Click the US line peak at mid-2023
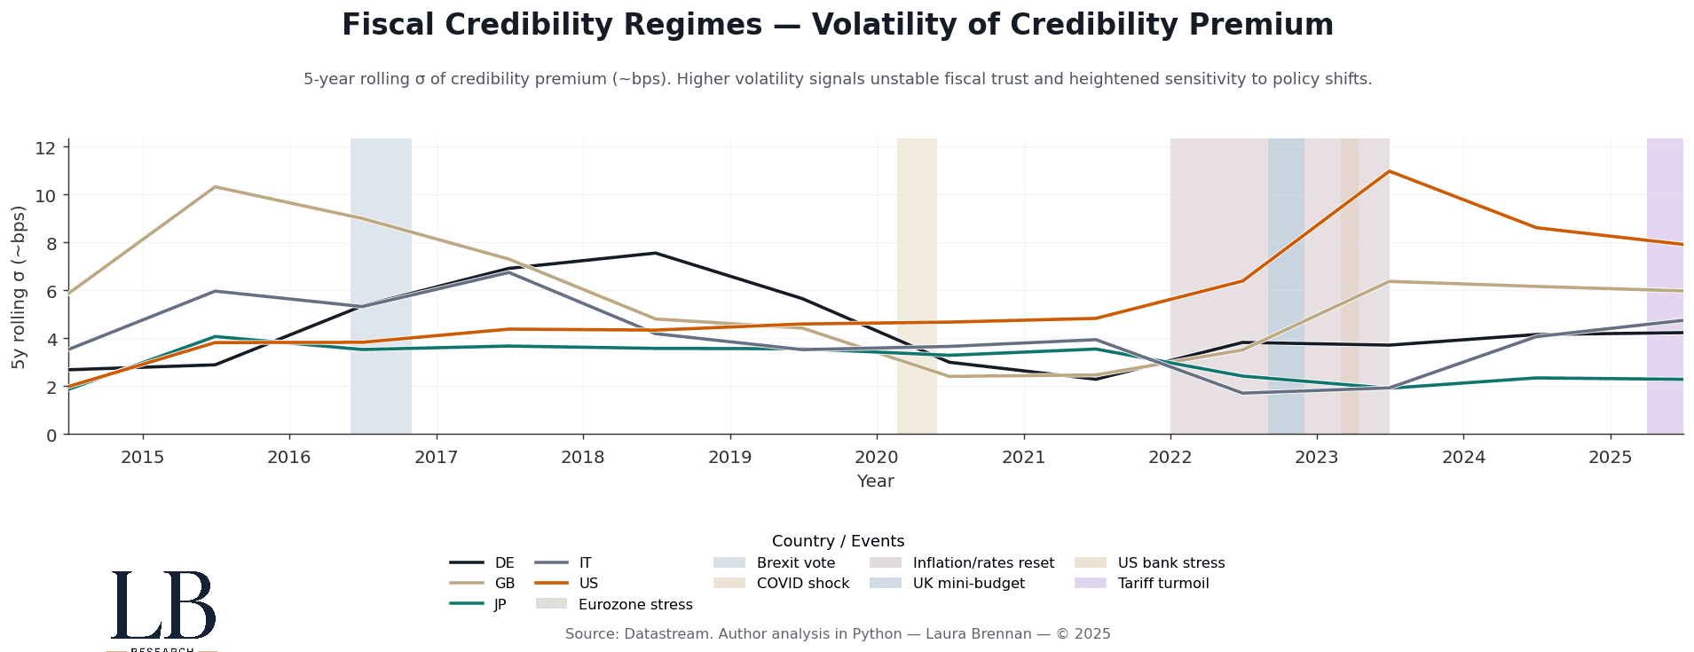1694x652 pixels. pos(1389,171)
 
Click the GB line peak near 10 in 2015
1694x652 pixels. pos(216,187)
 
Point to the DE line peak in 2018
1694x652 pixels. pos(655,253)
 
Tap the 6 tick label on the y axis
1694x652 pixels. pos(51,292)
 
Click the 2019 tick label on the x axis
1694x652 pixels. pos(729,458)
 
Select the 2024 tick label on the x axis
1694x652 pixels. pos(1463,458)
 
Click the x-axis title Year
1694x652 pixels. pos(875,482)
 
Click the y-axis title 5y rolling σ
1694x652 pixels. pos(20,287)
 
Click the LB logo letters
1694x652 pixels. pos(163,605)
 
